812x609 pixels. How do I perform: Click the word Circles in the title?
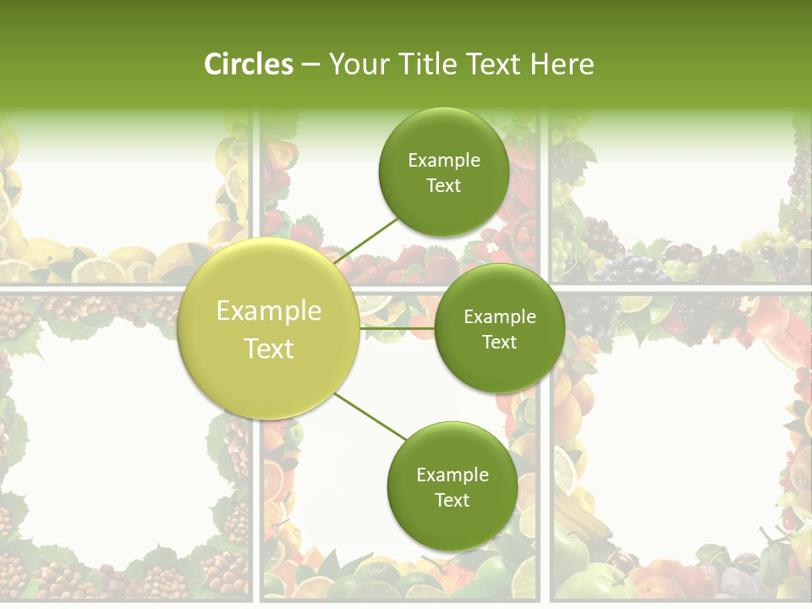pyautogui.click(x=248, y=64)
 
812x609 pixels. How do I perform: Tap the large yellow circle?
pyautogui.click(x=269, y=372)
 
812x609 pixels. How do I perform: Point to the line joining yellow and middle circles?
pyautogui.click(x=398, y=328)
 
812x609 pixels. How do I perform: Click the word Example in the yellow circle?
pyautogui.click(x=269, y=311)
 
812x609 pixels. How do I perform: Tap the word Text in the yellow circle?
pyautogui.click(x=269, y=348)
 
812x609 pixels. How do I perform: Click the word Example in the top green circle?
pyautogui.click(x=443, y=161)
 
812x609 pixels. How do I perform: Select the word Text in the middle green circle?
pyautogui.click(x=499, y=343)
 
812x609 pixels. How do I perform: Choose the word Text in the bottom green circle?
pyautogui.click(x=452, y=501)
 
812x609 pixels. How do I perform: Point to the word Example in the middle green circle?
pyautogui.click(x=499, y=317)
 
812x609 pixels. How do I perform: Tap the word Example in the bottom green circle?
pyautogui.click(x=452, y=475)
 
